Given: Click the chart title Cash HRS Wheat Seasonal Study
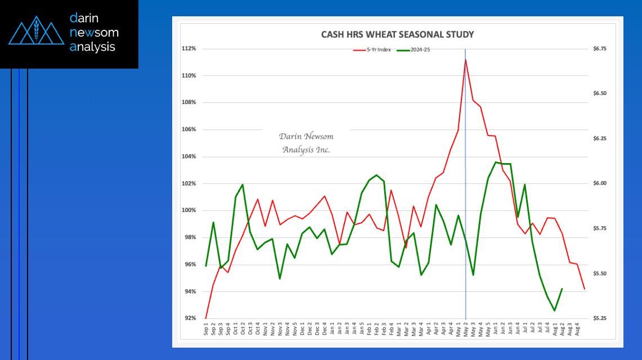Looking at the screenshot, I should (397, 34).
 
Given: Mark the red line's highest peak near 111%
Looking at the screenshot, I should (465, 59).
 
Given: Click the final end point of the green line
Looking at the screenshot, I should (562, 289).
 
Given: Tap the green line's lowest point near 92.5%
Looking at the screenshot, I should (555, 310).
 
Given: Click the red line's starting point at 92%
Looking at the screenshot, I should (206, 318).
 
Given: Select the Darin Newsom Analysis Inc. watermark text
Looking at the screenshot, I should (306, 143).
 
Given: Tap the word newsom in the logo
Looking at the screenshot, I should (94, 33).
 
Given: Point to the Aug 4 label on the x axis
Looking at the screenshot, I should (584, 329).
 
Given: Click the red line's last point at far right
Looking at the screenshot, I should (585, 289).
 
